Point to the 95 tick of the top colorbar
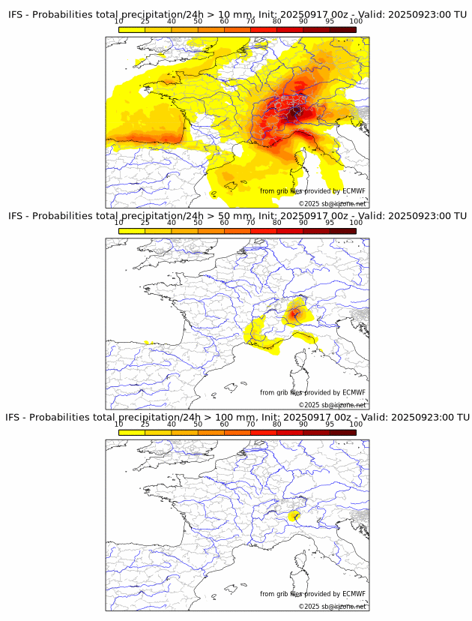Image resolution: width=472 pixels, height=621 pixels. [x=330, y=21]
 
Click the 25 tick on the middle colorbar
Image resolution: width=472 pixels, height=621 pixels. [x=145, y=223]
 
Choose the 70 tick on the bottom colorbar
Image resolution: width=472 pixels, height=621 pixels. [x=251, y=424]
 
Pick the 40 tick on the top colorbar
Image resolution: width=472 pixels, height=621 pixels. [x=172, y=21]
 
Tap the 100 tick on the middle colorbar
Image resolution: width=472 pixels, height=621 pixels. [x=356, y=223]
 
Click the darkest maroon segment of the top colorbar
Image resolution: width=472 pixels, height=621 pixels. [x=343, y=29]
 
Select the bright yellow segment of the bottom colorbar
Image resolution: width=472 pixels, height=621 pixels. [x=132, y=432]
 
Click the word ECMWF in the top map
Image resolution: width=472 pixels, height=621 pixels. [x=354, y=191]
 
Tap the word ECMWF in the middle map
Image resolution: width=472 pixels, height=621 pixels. [x=354, y=392]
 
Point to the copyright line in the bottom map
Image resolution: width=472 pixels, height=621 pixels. [x=333, y=606]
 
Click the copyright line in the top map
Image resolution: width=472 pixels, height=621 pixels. [x=333, y=203]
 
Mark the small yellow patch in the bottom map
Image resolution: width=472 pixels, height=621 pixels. [x=294, y=516]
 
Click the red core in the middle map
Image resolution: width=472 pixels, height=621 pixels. [x=295, y=312]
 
